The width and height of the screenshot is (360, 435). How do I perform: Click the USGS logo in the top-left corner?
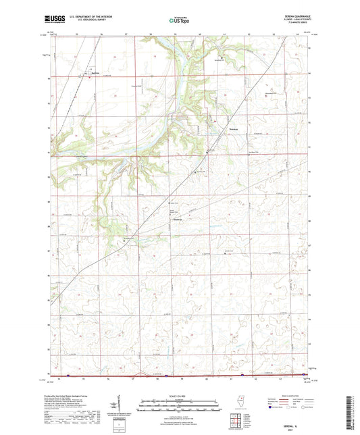[49, 20]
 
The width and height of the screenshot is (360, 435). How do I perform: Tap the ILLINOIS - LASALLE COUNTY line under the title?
[297, 22]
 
